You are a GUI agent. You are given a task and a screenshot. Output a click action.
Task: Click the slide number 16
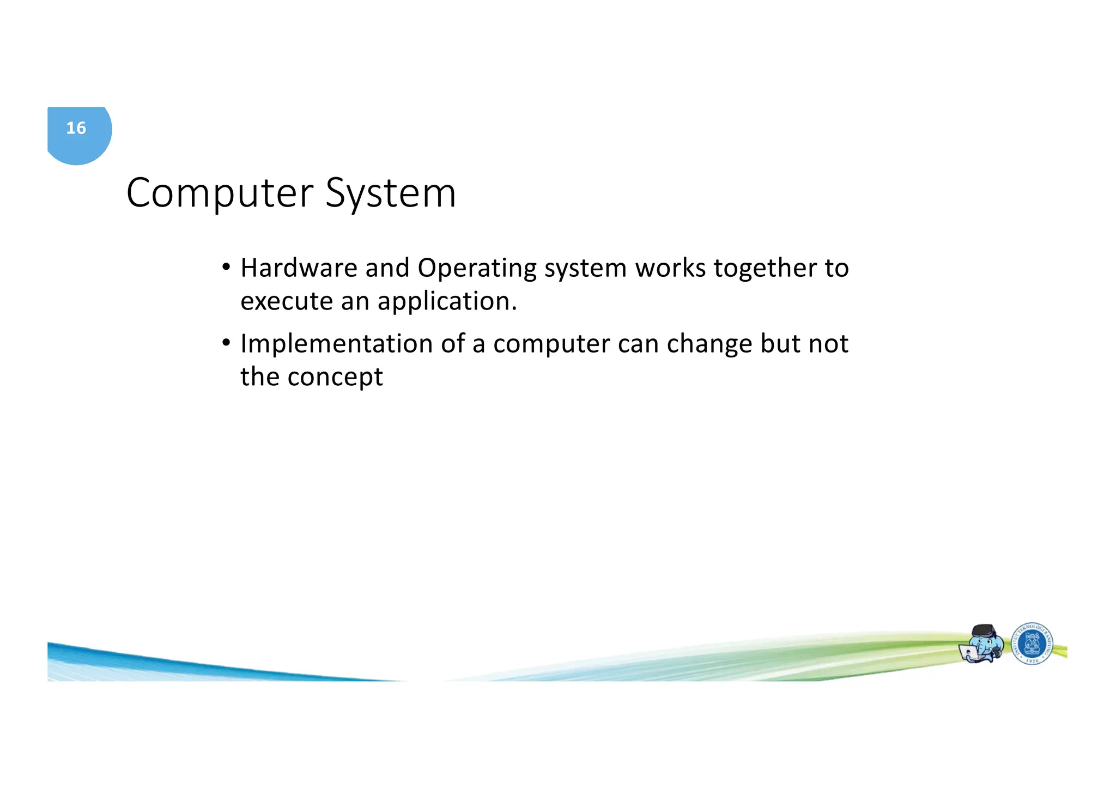(76, 128)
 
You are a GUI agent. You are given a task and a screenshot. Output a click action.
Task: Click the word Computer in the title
(220, 193)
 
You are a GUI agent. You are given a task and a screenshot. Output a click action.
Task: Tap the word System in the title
(391, 193)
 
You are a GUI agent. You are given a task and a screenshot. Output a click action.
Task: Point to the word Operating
(477, 268)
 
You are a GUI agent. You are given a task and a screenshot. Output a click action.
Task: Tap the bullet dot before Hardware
(226, 268)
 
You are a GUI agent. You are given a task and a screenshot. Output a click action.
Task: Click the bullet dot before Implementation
(226, 343)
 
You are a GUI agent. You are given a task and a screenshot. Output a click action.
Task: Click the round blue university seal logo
(1032, 644)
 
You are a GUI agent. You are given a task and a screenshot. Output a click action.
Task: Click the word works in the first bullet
(670, 268)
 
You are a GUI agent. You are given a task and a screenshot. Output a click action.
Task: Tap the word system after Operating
(585, 268)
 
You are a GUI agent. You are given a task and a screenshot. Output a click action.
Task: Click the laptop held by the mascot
(969, 653)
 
